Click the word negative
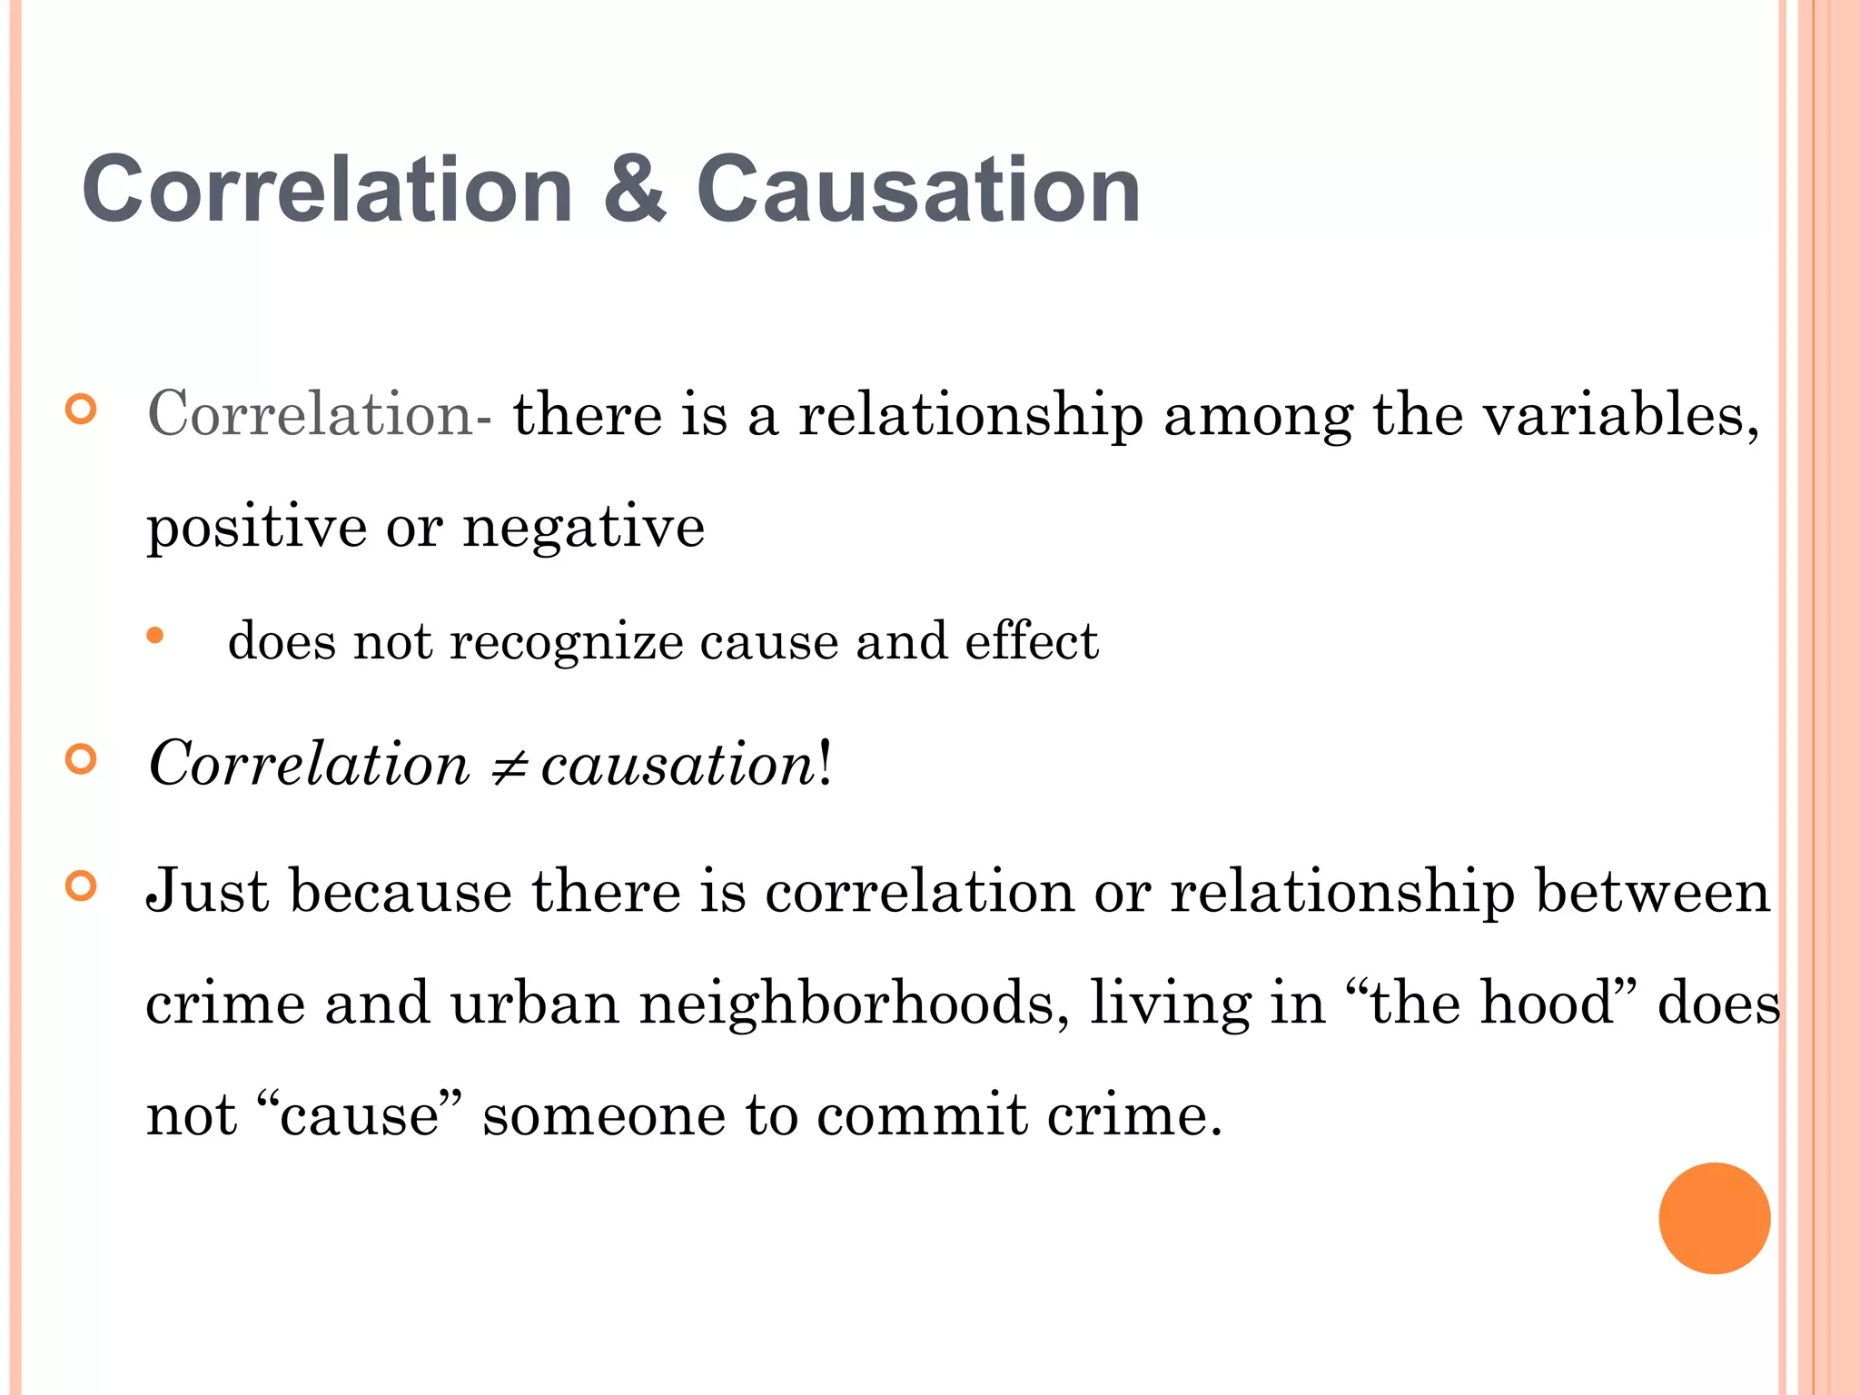tap(583, 527)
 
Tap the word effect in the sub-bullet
tap(1031, 641)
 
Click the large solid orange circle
tap(1714, 1218)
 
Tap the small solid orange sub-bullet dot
tap(155, 636)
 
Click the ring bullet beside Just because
tap(81, 885)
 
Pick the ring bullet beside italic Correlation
tap(81, 758)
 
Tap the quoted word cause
tap(360, 1115)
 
